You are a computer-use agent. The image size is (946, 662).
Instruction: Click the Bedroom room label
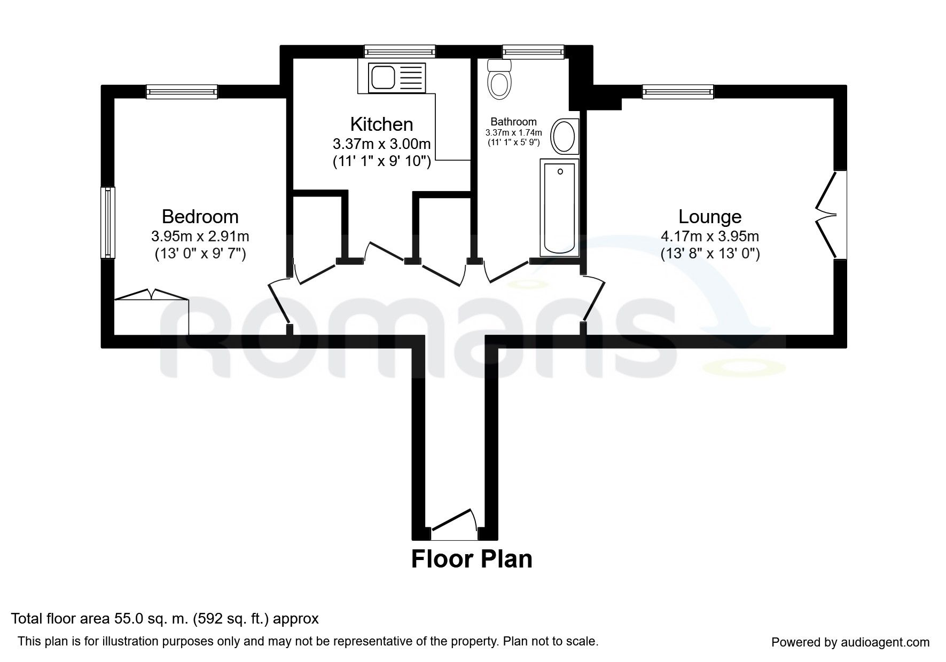click(x=200, y=216)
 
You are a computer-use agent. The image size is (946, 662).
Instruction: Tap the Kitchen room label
click(x=381, y=124)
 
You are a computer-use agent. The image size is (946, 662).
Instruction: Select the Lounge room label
click(x=710, y=216)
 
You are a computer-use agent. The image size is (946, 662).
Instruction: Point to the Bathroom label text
click(x=513, y=122)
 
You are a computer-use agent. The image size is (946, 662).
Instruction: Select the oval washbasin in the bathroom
click(x=564, y=136)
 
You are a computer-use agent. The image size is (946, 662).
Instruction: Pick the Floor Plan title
click(x=472, y=559)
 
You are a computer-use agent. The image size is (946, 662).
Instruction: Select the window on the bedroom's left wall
click(x=108, y=222)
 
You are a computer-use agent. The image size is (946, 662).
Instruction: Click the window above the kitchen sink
click(x=400, y=51)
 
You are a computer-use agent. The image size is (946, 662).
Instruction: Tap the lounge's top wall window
click(x=678, y=92)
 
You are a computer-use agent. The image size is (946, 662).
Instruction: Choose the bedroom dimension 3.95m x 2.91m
click(x=200, y=236)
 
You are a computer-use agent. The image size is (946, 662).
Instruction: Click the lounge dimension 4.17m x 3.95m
click(x=710, y=236)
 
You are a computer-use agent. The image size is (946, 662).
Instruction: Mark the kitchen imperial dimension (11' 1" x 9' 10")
click(x=382, y=161)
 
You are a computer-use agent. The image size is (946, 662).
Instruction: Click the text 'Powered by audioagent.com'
click(x=850, y=642)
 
